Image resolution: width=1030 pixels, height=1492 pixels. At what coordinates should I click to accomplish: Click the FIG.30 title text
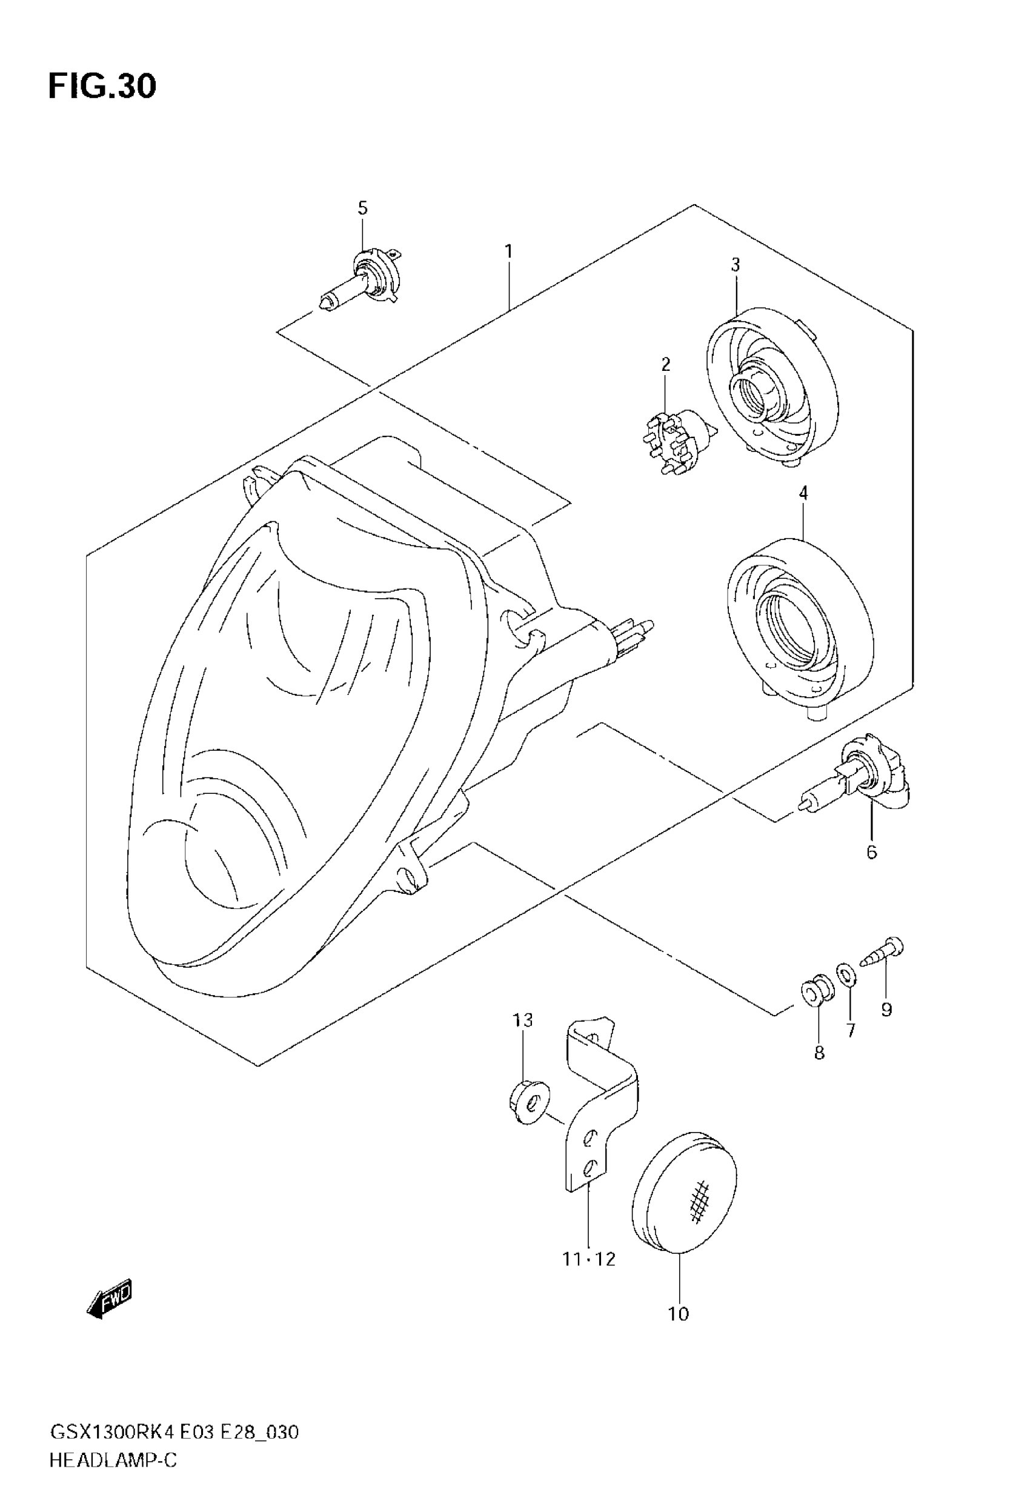(x=102, y=87)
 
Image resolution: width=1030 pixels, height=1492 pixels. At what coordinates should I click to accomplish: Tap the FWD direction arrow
(x=110, y=1297)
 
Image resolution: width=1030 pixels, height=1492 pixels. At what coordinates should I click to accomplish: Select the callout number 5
(x=363, y=208)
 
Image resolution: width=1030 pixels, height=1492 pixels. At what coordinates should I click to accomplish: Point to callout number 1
(x=508, y=251)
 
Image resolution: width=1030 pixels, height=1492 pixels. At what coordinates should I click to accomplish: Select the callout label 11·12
(x=588, y=1259)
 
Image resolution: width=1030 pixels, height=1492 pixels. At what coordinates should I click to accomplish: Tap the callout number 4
(x=803, y=494)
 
